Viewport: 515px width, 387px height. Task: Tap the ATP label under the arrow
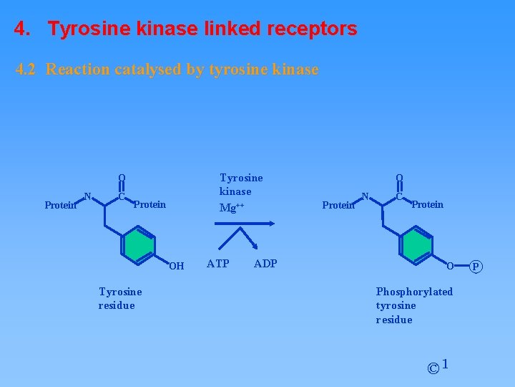(x=218, y=263)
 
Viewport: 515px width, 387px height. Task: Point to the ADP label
(x=265, y=263)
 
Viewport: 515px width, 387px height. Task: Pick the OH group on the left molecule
(x=177, y=267)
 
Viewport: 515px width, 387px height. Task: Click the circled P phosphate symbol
(x=477, y=267)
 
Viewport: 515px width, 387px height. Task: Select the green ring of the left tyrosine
(x=138, y=245)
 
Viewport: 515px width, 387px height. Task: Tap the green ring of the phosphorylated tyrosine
(x=416, y=245)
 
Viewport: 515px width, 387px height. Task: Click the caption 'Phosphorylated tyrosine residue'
(x=414, y=305)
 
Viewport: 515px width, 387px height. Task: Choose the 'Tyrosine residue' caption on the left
(x=120, y=298)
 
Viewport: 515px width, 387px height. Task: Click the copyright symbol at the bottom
(x=433, y=369)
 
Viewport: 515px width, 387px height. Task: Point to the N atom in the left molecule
(x=87, y=196)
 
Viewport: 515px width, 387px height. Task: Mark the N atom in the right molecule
(x=365, y=196)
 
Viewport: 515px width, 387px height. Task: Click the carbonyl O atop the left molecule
(x=122, y=178)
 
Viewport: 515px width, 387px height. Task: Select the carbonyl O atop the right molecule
(x=399, y=178)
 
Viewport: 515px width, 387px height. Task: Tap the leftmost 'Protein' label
(x=60, y=205)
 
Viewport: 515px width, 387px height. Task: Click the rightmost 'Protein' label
(x=428, y=204)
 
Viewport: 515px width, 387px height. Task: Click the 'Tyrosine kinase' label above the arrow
(x=241, y=184)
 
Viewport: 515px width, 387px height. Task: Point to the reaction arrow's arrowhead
(x=270, y=224)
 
